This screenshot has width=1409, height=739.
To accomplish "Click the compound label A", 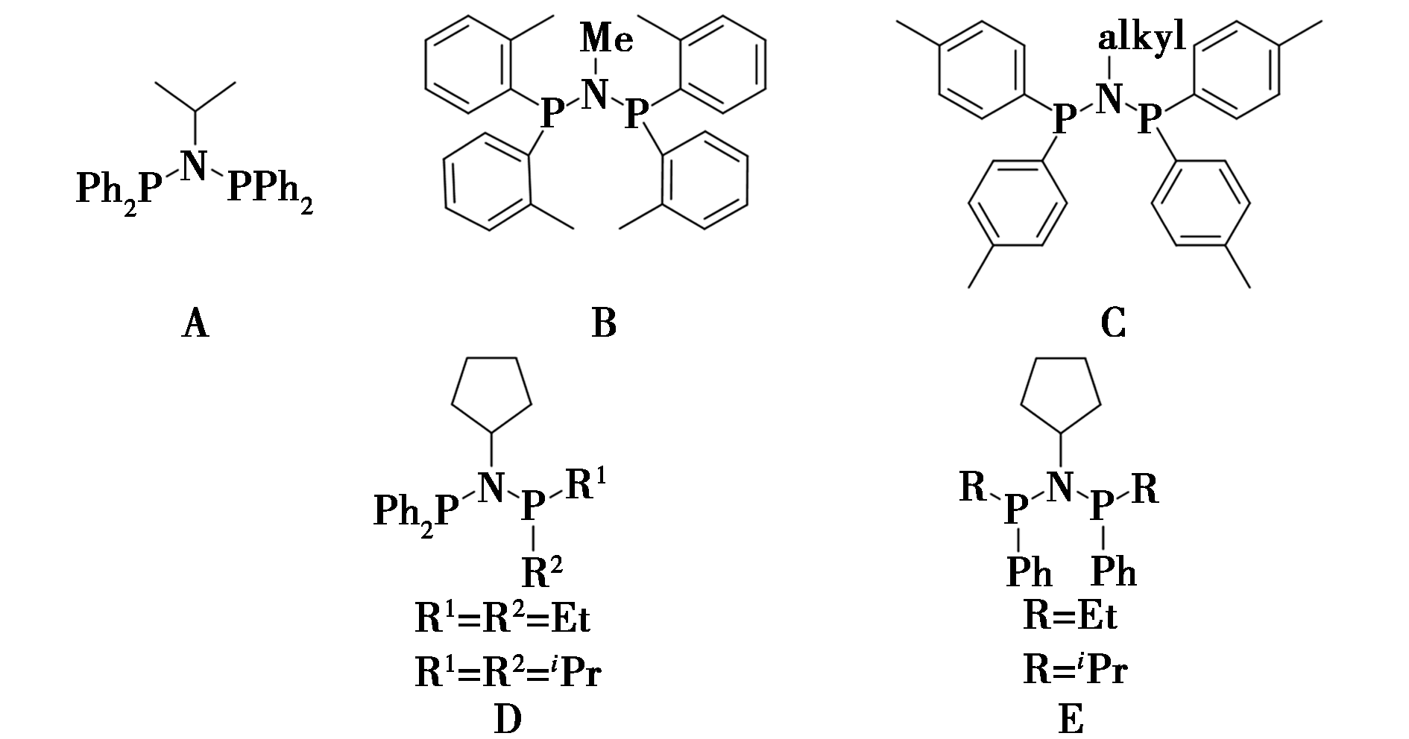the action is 195,324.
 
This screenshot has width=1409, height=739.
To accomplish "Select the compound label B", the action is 604,324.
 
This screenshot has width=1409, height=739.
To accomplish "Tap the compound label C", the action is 1112,324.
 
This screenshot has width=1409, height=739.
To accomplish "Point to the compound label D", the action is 507,720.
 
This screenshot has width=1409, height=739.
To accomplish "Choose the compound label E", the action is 1071,720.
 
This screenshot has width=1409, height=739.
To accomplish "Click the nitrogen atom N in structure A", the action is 195,165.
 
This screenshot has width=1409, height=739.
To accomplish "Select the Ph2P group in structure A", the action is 119,189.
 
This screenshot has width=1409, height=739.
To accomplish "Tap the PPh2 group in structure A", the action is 270,189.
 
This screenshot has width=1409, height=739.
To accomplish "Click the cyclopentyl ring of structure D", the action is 492,396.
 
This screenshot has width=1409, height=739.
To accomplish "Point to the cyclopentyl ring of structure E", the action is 1059,396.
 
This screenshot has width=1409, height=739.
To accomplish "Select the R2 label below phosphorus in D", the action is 542,571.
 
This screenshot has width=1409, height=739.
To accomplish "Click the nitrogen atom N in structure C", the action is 1111,98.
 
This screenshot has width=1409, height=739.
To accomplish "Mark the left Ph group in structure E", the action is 1030,571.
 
